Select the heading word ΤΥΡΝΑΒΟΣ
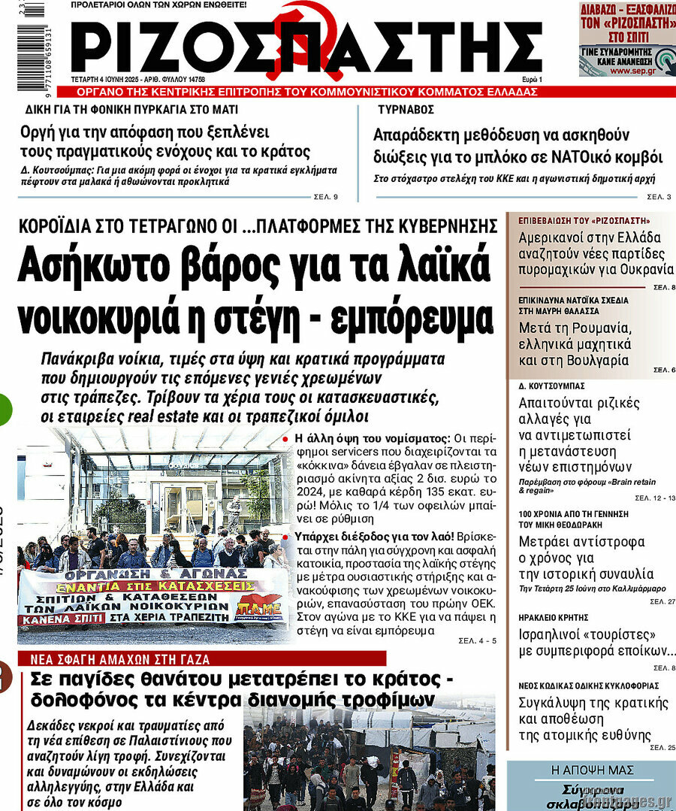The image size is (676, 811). click(x=406, y=109)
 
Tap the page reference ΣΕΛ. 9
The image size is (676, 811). click(x=324, y=197)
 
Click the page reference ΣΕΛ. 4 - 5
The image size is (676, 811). click(x=477, y=640)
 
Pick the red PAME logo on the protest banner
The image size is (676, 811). click(x=258, y=606)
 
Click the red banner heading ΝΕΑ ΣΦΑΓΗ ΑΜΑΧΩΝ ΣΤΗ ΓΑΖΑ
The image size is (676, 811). click(x=120, y=659)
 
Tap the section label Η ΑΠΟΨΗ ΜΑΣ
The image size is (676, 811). click(x=592, y=770)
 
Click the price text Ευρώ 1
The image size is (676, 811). click(x=532, y=79)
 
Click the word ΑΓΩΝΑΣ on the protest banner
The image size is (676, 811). click(x=217, y=573)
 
